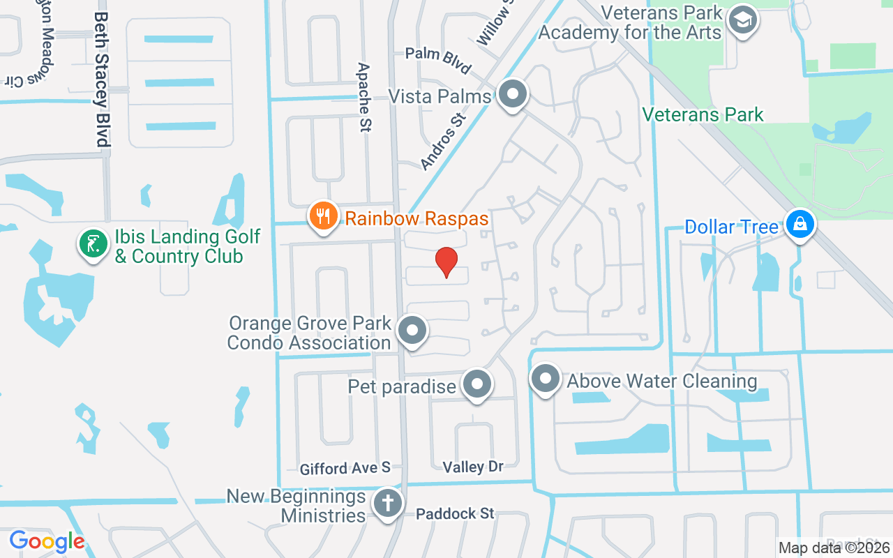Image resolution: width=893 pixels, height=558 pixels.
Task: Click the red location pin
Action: click(x=446, y=262)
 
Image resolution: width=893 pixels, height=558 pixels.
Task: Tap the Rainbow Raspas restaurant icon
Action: click(x=322, y=216)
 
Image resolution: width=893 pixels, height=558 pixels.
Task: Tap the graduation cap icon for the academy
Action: click(x=742, y=20)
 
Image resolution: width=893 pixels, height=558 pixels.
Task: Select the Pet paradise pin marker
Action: click(x=478, y=384)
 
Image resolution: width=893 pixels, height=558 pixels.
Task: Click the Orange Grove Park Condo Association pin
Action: click(x=412, y=331)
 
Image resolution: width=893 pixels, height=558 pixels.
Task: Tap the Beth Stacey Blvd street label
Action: click(x=102, y=79)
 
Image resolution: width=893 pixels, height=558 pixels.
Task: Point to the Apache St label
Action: click(x=364, y=97)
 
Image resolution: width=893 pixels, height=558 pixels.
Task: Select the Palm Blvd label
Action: click(x=439, y=60)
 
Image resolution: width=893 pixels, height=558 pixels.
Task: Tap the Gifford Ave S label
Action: click(x=345, y=469)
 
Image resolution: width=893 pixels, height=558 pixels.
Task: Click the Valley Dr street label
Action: click(x=472, y=466)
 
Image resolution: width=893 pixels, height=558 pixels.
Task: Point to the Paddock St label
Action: click(x=455, y=514)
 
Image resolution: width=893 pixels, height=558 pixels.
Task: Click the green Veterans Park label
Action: click(x=703, y=114)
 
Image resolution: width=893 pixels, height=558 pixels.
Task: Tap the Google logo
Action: click(x=47, y=541)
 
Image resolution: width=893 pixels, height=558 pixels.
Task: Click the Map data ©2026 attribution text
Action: click(x=834, y=548)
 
